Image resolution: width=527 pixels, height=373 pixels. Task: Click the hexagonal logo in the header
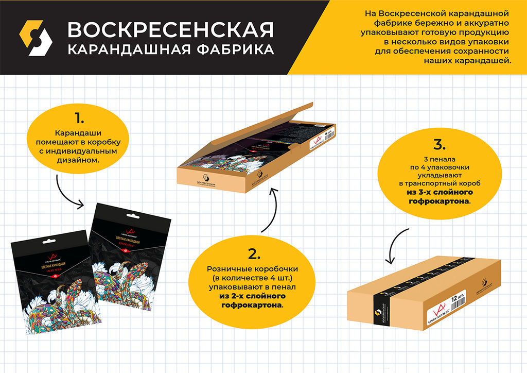tap(36, 38)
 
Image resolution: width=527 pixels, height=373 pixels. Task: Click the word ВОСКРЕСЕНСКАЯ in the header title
tap(170, 30)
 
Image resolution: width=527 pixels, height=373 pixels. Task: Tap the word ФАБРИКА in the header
tap(233, 50)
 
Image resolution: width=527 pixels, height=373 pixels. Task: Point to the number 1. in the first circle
tap(79, 118)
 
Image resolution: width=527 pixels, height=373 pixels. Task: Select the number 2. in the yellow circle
tap(254, 253)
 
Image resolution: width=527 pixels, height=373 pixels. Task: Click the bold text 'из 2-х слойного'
tap(253, 296)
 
